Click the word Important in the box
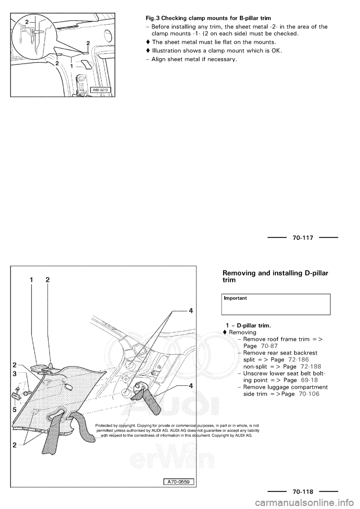pyautogui.click(x=235, y=298)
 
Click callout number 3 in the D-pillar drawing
pyautogui.click(x=14, y=374)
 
